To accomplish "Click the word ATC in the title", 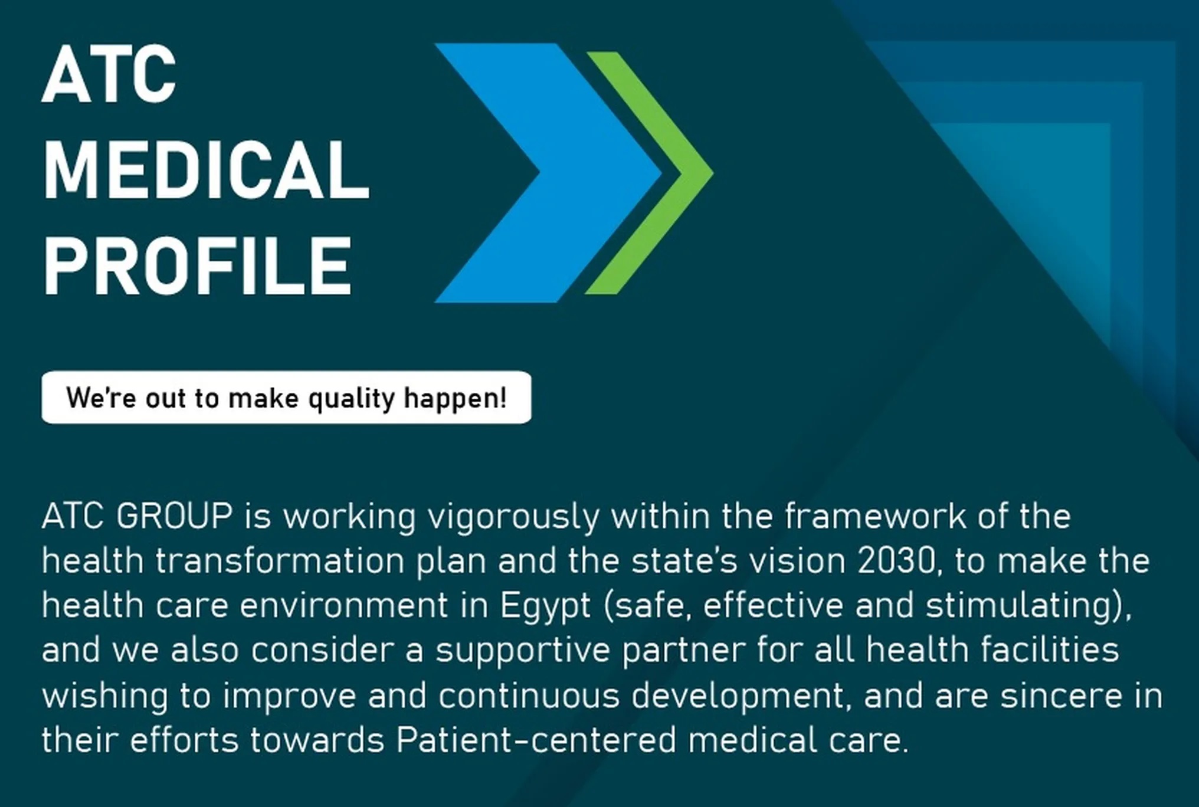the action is coord(109,74).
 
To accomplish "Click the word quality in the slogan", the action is coord(351,399).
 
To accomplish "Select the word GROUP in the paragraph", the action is coord(175,516).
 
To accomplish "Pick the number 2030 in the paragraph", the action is coord(896,561).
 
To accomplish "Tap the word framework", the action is coord(875,516).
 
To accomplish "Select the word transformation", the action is coord(280,561).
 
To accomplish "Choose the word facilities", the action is coord(1050,649).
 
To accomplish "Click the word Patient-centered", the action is coord(536,740).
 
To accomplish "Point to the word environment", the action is coord(343,606).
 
